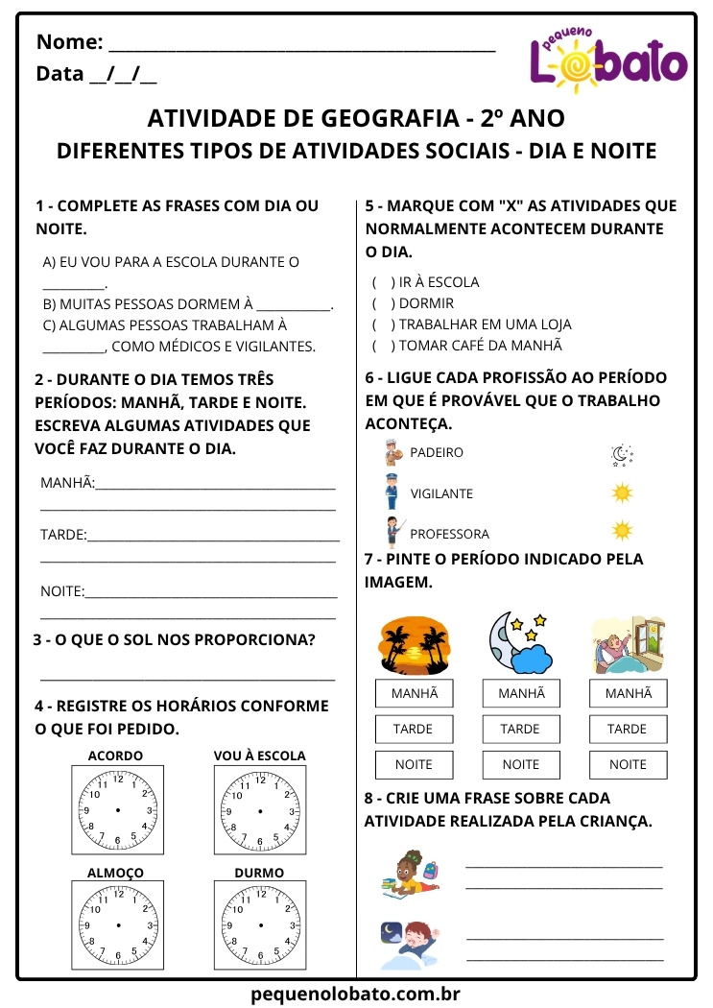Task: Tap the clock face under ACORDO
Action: [x=117, y=810]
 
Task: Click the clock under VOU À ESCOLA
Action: [x=259, y=810]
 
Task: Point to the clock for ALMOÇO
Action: [x=117, y=924]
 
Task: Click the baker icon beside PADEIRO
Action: [x=392, y=452]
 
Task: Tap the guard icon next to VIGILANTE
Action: [x=392, y=492]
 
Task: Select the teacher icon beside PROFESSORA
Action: [x=392, y=532]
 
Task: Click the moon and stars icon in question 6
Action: [x=622, y=455]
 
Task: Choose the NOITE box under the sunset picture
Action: [x=414, y=765]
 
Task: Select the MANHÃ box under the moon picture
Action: [x=521, y=693]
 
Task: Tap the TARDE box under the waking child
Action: [x=628, y=730]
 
